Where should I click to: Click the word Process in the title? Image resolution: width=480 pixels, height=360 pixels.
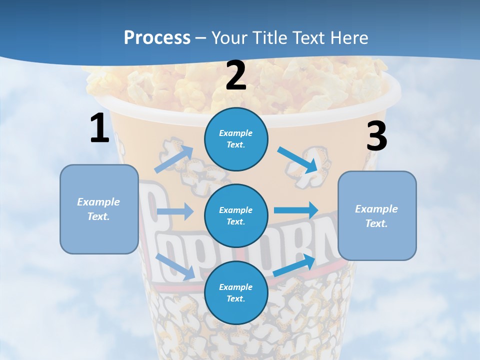click(157, 38)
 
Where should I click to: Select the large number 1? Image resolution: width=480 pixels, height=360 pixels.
click(99, 128)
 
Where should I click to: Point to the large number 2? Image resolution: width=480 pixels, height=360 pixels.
click(236, 76)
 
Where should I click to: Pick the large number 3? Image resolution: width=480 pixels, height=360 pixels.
click(376, 136)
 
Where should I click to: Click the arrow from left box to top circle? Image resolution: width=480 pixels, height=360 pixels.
click(173, 159)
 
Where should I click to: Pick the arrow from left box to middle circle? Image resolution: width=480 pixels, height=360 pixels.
click(175, 211)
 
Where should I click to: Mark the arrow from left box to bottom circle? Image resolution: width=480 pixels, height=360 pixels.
click(175, 266)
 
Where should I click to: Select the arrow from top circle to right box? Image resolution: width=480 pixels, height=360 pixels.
click(298, 160)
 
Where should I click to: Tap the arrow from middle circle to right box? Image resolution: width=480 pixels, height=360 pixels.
click(296, 210)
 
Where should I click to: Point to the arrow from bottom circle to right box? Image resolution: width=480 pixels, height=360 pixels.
click(294, 265)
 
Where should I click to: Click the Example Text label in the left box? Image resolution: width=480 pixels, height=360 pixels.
click(98, 209)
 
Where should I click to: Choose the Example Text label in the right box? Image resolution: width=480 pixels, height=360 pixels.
click(376, 216)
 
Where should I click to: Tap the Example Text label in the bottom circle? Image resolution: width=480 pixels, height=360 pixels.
click(235, 293)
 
